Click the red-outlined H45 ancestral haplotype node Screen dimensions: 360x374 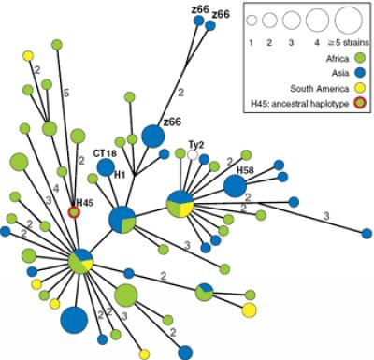75,213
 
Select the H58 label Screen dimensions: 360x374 245,170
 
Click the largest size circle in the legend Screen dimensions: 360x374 346,20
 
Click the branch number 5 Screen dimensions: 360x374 66,93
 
